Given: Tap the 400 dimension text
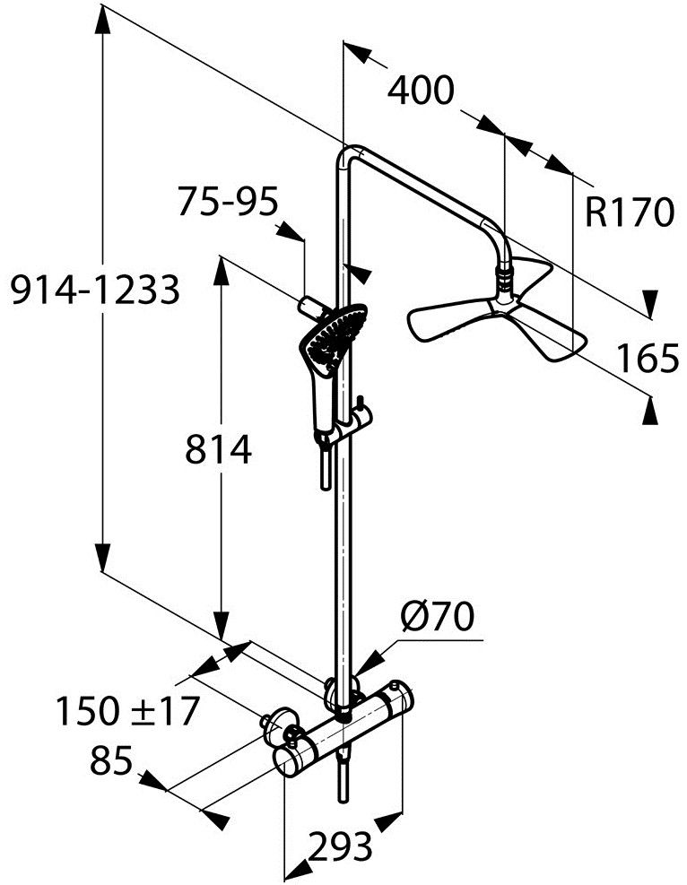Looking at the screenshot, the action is coord(422,90).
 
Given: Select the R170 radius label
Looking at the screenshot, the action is coord(630,213).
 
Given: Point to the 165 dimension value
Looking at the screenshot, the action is coord(647,358).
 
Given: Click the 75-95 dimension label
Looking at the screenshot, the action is coord(228,202).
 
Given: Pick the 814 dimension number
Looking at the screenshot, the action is coord(219,450).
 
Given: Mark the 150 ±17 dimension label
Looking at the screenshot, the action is coord(127,710).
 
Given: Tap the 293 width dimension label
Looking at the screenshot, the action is coord(341,846).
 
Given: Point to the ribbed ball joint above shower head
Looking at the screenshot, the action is coord(504,278).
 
